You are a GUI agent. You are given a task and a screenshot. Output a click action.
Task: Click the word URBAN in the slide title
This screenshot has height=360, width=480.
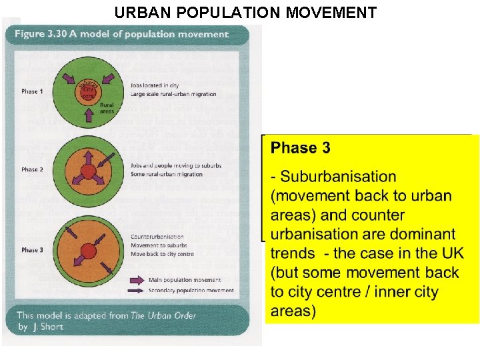coord(141,12)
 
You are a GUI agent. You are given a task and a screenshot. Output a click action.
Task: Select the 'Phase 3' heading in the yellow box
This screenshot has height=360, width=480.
coord(301,148)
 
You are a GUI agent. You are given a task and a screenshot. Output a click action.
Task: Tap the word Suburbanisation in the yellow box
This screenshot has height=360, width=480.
coord(338,177)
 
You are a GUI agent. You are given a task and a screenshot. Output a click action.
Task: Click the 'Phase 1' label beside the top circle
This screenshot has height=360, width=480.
coord(32,91)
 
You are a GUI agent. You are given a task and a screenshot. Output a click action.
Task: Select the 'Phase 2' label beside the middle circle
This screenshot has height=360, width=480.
coord(32,169)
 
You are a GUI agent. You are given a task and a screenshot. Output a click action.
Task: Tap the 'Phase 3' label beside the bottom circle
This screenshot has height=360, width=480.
coord(32,250)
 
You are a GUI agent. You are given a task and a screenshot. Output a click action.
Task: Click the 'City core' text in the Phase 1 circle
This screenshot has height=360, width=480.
coord(87,93)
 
